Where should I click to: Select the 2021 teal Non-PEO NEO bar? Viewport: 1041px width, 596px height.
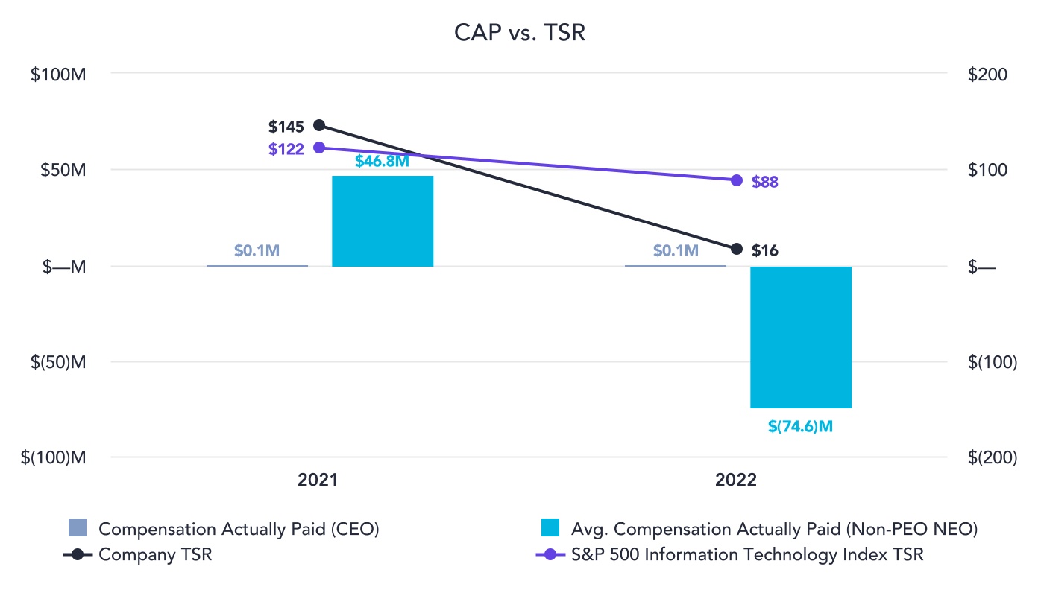383,221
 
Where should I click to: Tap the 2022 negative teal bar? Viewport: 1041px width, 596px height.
801,337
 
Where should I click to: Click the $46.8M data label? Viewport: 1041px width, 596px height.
382,161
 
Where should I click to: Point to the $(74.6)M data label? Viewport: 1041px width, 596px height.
800,427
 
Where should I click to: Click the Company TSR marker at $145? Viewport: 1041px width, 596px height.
319,125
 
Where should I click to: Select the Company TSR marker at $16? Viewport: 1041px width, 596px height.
737,249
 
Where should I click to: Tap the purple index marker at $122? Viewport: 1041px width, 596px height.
319,148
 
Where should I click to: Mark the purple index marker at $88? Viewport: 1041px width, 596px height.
737,180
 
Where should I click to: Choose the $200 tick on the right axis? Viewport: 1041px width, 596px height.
988,74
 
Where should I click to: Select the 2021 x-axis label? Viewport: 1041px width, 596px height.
318,481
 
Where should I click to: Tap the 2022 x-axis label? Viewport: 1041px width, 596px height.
736,481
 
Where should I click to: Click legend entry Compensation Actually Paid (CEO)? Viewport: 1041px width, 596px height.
239,530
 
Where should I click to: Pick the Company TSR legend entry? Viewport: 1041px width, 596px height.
155,555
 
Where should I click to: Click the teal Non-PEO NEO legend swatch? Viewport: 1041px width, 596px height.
550,529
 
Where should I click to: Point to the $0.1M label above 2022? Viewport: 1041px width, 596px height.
676,251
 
